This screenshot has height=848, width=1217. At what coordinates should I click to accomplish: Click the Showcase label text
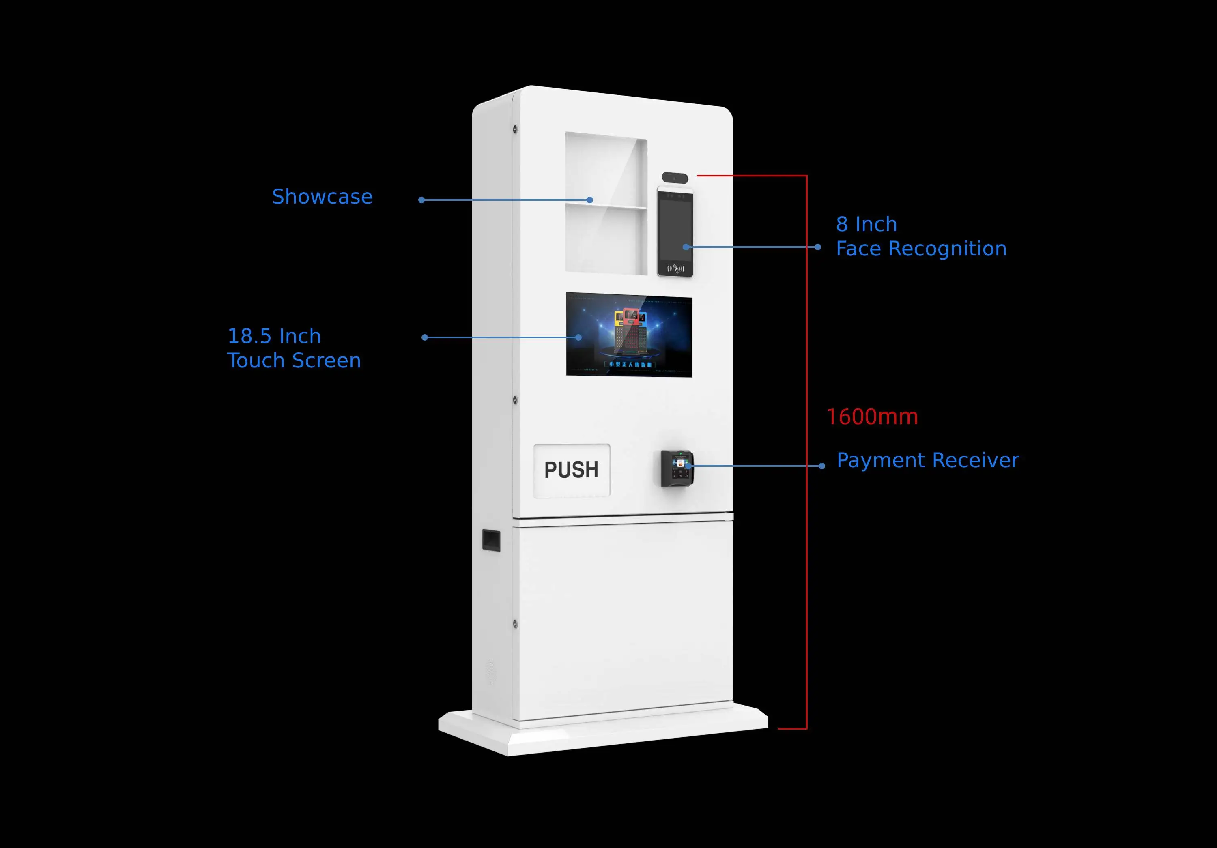tap(322, 197)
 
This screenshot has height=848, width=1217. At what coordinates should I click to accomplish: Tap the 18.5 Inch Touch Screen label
tap(294, 348)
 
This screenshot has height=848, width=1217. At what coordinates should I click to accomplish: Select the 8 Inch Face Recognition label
tap(921, 236)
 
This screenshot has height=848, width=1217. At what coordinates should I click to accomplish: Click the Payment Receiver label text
tap(928, 460)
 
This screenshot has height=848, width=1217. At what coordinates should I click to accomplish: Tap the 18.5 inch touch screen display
tap(629, 335)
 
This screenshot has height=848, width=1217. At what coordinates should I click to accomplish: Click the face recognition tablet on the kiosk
tap(675, 232)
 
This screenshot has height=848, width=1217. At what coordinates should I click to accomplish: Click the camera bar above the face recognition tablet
tap(675, 178)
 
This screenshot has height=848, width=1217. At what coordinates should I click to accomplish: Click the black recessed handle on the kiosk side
tap(491, 540)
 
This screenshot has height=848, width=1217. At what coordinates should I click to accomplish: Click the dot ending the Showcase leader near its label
tap(421, 200)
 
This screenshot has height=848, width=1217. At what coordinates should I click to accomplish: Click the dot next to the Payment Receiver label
tap(821, 466)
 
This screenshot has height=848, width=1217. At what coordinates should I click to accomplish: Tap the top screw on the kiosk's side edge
tap(515, 129)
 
